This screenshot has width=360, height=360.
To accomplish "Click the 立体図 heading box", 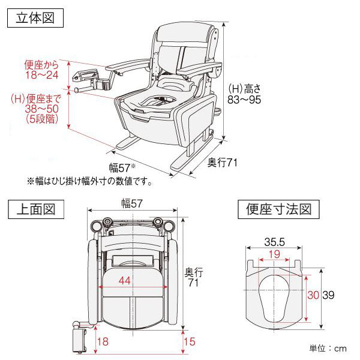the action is [x=35, y=18].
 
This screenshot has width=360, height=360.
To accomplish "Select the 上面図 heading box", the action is [x=36, y=209].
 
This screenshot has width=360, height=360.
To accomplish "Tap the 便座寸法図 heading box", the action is [x=278, y=209].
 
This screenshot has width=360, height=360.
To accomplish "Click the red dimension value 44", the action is [x=124, y=280].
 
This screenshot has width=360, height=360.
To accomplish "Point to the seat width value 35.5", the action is [x=274, y=242].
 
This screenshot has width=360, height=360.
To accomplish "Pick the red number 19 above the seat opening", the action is [x=274, y=254].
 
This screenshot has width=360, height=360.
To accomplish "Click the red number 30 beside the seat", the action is [x=313, y=295].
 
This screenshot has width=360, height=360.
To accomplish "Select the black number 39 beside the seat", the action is [x=328, y=295].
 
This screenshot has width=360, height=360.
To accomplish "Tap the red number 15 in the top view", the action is [x=190, y=341].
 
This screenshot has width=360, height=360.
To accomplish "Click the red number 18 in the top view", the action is [x=103, y=341].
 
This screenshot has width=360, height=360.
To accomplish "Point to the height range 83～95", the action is [x=244, y=100].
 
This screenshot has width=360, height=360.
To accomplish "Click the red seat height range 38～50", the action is [x=42, y=109].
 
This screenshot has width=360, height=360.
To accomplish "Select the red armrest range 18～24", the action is [x=42, y=75].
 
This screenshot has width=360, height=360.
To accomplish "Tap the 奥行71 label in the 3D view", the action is [x=222, y=163].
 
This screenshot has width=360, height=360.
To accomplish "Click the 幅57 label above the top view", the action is [x=132, y=203].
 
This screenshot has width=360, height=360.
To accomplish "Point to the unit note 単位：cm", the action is [x=328, y=348].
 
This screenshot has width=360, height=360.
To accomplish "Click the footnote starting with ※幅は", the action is [x=89, y=181].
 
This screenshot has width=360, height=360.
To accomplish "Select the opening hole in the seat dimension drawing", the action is [x=274, y=298].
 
